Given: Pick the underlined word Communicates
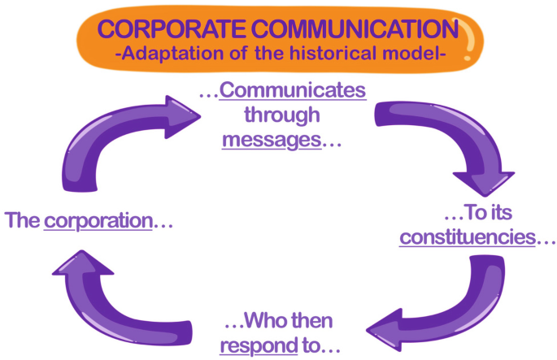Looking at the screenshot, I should click(x=294, y=91).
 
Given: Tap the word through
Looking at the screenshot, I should click(x=282, y=115).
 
